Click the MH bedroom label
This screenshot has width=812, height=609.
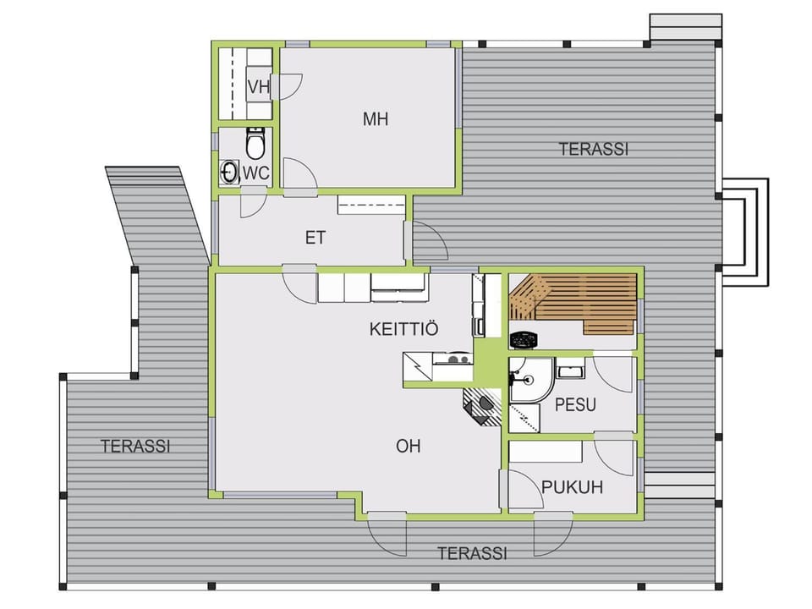(376, 119)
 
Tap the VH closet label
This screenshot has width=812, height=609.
(259, 87)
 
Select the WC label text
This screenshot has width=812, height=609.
(256, 173)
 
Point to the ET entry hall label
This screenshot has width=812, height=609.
(315, 238)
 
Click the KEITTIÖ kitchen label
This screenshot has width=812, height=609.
(404, 329)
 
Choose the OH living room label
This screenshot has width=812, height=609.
(408, 446)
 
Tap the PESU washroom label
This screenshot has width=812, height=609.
(575, 404)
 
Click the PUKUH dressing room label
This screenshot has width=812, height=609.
(573, 487)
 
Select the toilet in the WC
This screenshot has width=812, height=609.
(255, 144)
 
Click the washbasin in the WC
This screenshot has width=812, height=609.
(229, 172)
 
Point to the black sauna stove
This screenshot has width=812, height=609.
(524, 340)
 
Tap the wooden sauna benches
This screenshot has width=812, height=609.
(573, 303)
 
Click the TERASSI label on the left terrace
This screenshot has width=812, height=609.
(135, 446)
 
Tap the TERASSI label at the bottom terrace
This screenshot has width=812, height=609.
(472, 553)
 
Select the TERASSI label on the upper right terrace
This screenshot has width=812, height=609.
(594, 149)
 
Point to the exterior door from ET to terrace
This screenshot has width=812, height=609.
(425, 240)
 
